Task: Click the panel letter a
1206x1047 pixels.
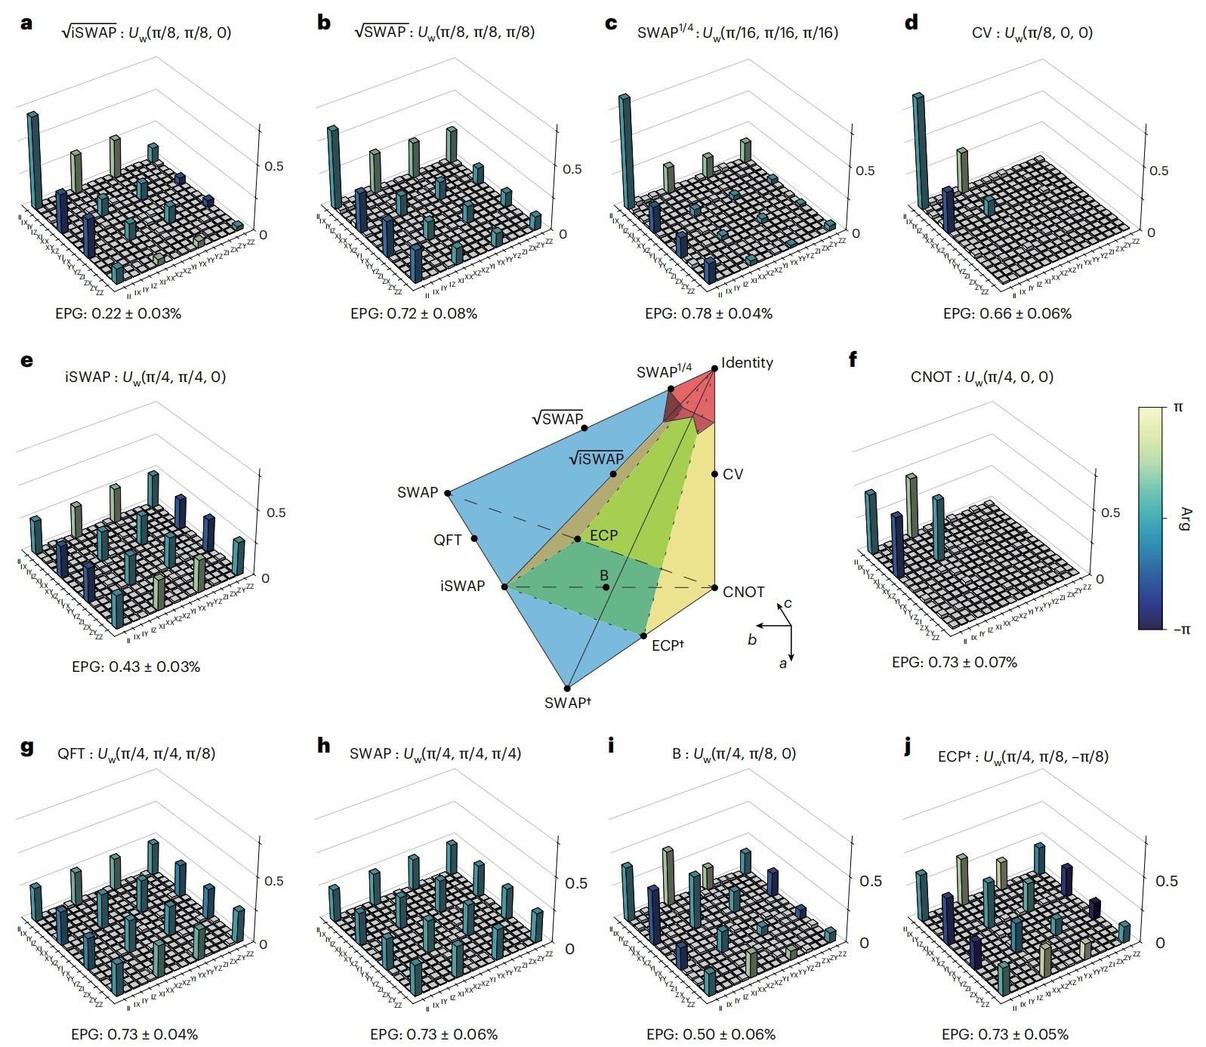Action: (x=27, y=23)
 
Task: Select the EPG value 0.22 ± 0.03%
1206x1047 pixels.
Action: (x=118, y=313)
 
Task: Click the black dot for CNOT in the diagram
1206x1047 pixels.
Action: (x=714, y=587)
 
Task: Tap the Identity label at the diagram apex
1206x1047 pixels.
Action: (x=747, y=363)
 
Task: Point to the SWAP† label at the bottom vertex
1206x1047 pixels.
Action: (x=567, y=703)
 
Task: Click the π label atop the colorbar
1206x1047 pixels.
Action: (x=1178, y=408)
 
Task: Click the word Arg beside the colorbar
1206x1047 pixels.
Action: (x=1184, y=519)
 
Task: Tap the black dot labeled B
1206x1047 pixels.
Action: (x=605, y=587)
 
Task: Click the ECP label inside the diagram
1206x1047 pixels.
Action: (x=603, y=535)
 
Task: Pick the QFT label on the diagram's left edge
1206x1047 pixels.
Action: (x=447, y=540)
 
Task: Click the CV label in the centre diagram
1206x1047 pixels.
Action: (x=733, y=474)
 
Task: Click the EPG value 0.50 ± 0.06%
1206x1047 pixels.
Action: (x=711, y=1034)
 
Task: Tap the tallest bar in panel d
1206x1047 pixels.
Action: (x=921, y=151)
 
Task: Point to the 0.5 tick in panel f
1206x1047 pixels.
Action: (x=1110, y=513)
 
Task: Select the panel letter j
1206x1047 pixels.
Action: (x=908, y=746)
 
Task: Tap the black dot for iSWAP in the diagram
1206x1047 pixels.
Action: (x=505, y=587)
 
